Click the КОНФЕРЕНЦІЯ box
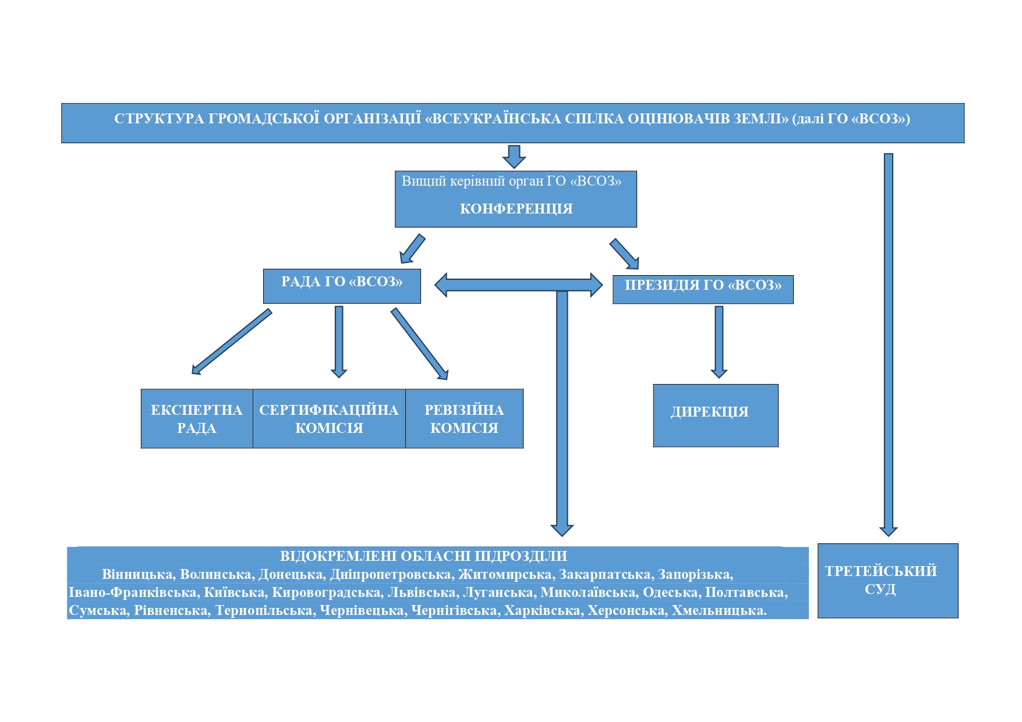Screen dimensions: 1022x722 click(515, 199)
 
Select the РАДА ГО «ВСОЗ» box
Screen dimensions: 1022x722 click(342, 286)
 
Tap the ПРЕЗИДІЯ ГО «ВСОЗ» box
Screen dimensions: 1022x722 click(703, 290)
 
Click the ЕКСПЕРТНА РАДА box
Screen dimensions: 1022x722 click(197, 419)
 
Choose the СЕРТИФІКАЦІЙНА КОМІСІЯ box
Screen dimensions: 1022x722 click(329, 419)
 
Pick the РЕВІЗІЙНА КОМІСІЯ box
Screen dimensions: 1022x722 click(464, 419)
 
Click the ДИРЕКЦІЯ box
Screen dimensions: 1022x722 click(716, 415)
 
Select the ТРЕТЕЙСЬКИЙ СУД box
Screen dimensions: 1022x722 click(888, 581)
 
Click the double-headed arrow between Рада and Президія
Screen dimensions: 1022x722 click(518, 285)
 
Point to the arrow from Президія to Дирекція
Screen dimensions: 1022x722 click(719, 342)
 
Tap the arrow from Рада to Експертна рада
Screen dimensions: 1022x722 click(232, 342)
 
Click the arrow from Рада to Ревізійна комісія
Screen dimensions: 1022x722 click(419, 344)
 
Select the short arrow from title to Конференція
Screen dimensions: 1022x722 click(514, 157)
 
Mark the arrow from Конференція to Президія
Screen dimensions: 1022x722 click(624, 254)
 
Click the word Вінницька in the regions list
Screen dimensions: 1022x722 click(138, 575)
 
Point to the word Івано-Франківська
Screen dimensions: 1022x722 click(133, 593)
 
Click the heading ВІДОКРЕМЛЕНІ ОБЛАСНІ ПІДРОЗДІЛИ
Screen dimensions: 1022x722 click(423, 556)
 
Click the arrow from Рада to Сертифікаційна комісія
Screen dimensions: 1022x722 click(339, 342)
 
